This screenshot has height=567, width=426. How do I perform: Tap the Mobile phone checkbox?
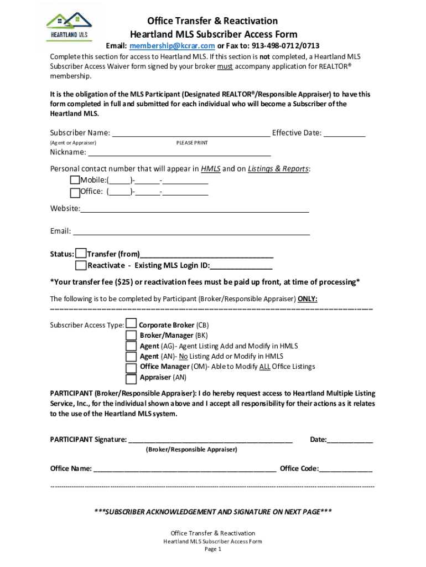click(x=75, y=181)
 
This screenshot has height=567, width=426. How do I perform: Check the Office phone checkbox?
click(x=75, y=192)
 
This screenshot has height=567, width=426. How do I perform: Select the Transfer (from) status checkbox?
click(x=81, y=254)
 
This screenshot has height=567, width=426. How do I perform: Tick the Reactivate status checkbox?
click(x=81, y=265)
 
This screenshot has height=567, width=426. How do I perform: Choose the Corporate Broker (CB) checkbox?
click(x=131, y=324)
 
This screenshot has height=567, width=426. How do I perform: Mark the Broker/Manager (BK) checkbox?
click(x=131, y=335)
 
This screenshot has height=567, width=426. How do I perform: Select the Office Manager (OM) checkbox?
click(x=131, y=368)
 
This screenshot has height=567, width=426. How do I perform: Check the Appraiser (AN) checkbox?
click(x=131, y=379)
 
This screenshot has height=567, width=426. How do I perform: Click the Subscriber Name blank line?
click(x=191, y=133)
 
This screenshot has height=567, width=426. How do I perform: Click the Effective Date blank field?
click(x=344, y=133)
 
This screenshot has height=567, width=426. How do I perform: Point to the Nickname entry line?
click(x=179, y=153)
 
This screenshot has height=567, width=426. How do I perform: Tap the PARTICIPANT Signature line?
click(x=210, y=440)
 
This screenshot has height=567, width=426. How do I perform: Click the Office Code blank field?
click(x=346, y=469)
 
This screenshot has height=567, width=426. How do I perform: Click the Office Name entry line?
click(x=185, y=469)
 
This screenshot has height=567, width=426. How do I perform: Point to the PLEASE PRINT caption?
click(x=192, y=143)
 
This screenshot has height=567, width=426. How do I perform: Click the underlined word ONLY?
click(x=307, y=299)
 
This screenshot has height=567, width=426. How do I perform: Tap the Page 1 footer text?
click(x=213, y=549)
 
